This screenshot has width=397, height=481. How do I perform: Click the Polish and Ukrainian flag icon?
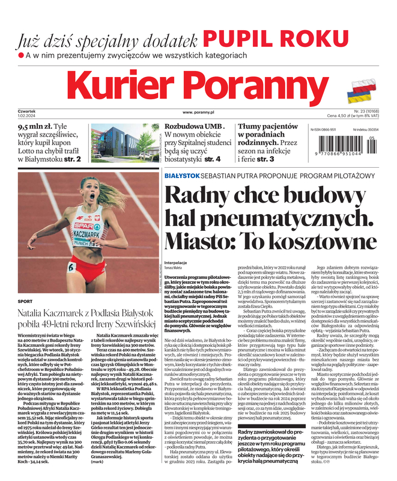coord(363,90)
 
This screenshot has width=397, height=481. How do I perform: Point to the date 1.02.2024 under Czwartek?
coord(28,116)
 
